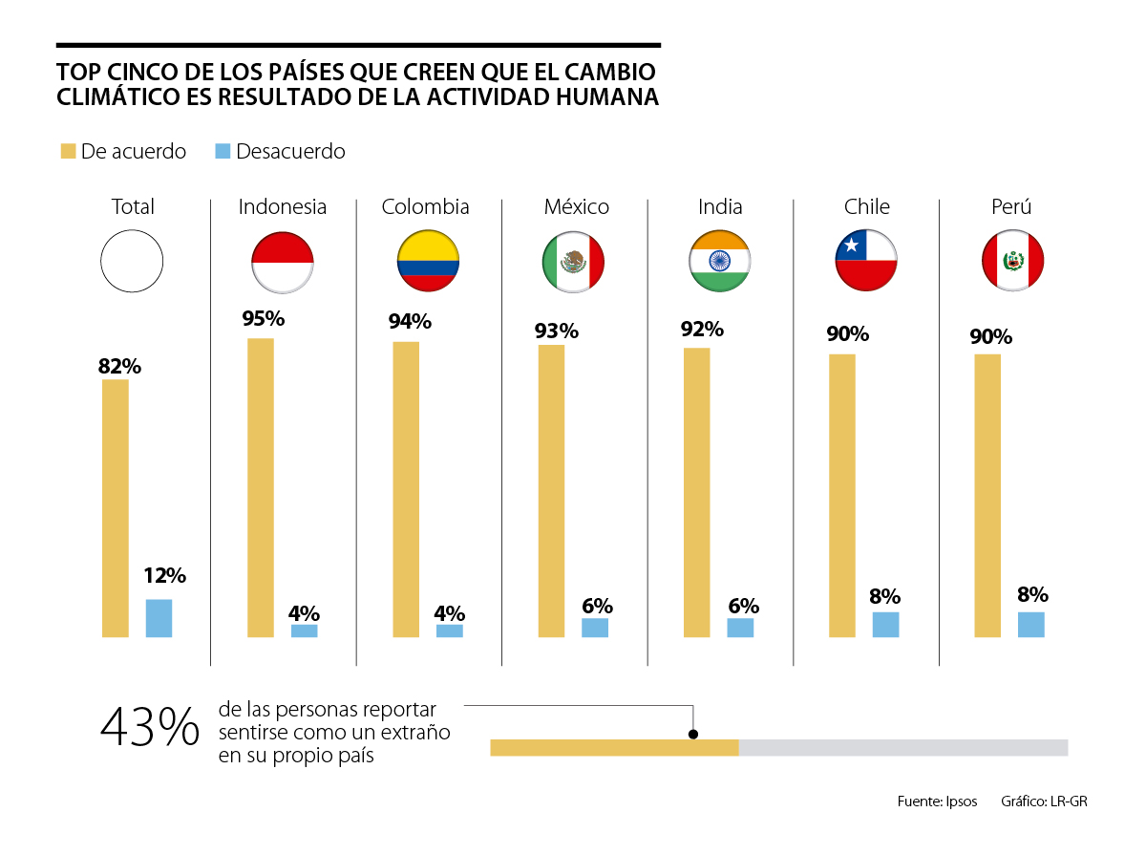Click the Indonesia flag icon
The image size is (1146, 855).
point(282,261)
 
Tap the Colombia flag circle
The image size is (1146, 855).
point(428,261)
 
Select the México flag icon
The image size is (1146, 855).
point(574,261)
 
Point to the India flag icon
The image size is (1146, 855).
point(720,261)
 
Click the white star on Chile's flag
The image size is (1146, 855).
point(849,247)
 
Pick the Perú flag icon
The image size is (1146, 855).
point(1012,261)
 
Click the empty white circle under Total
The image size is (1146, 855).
point(133,261)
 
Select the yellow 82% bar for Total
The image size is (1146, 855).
point(116,508)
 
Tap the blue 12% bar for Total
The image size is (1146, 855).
point(159,618)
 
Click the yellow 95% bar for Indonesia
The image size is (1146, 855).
point(261,487)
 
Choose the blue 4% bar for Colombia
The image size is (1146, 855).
point(450,631)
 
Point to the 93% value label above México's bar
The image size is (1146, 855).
point(557,331)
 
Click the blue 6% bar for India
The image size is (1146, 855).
point(740,628)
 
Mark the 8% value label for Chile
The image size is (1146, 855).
point(885,597)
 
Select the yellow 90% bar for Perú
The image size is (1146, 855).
point(987,495)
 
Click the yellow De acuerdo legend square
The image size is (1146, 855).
point(68,151)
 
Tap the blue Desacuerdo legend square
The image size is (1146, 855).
point(223,151)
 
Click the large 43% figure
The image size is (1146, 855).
point(150,728)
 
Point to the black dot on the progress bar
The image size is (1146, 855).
point(693,734)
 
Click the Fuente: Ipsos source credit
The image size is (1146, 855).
point(937,802)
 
